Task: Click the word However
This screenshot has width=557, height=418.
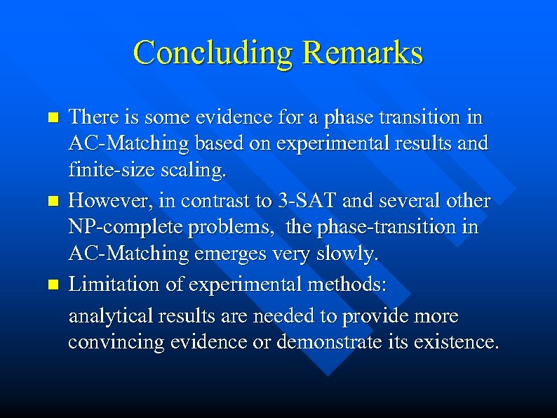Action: [105, 201]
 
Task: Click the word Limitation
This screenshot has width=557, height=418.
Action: [108, 285]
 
